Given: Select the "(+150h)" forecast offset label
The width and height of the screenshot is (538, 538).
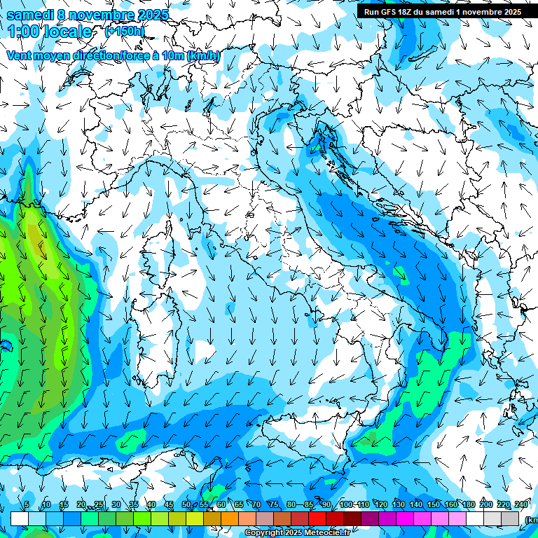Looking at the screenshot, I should [125, 32].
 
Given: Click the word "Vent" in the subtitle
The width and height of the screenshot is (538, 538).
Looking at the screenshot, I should [19, 55].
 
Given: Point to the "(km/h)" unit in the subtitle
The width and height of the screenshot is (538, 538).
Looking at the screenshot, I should [204, 55].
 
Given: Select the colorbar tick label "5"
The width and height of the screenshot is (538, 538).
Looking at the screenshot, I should [27, 505].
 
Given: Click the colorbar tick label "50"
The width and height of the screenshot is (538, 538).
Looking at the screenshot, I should [186, 505].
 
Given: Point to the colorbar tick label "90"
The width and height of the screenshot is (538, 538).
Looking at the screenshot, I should [326, 505].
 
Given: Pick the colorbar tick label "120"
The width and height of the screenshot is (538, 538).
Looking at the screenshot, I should [380, 505].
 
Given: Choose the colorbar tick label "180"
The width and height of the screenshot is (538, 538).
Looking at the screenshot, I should [468, 505].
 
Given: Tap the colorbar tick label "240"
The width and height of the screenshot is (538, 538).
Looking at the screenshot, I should [520, 505].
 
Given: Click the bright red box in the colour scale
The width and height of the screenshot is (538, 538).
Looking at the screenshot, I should [317, 519].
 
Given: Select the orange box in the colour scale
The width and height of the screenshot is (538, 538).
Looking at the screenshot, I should [230, 519].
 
